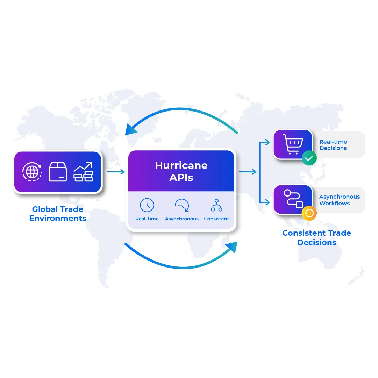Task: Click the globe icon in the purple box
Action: click(32, 172)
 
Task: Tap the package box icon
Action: click(58, 172)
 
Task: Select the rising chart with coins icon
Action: click(83, 172)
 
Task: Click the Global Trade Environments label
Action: click(58, 214)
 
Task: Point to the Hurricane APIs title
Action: click(181, 171)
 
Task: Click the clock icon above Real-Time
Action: click(147, 205)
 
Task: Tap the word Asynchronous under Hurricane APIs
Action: click(182, 219)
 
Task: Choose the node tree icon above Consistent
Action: click(216, 205)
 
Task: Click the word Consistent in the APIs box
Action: click(216, 219)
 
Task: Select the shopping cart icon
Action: click(293, 144)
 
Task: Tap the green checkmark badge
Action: click(309, 158)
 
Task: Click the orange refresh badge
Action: click(309, 213)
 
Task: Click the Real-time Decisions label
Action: click(333, 145)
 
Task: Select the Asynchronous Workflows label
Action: click(340, 200)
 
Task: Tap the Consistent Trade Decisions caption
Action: click(316, 238)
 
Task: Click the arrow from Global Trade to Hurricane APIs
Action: click(116, 172)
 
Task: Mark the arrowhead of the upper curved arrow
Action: click(131, 129)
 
